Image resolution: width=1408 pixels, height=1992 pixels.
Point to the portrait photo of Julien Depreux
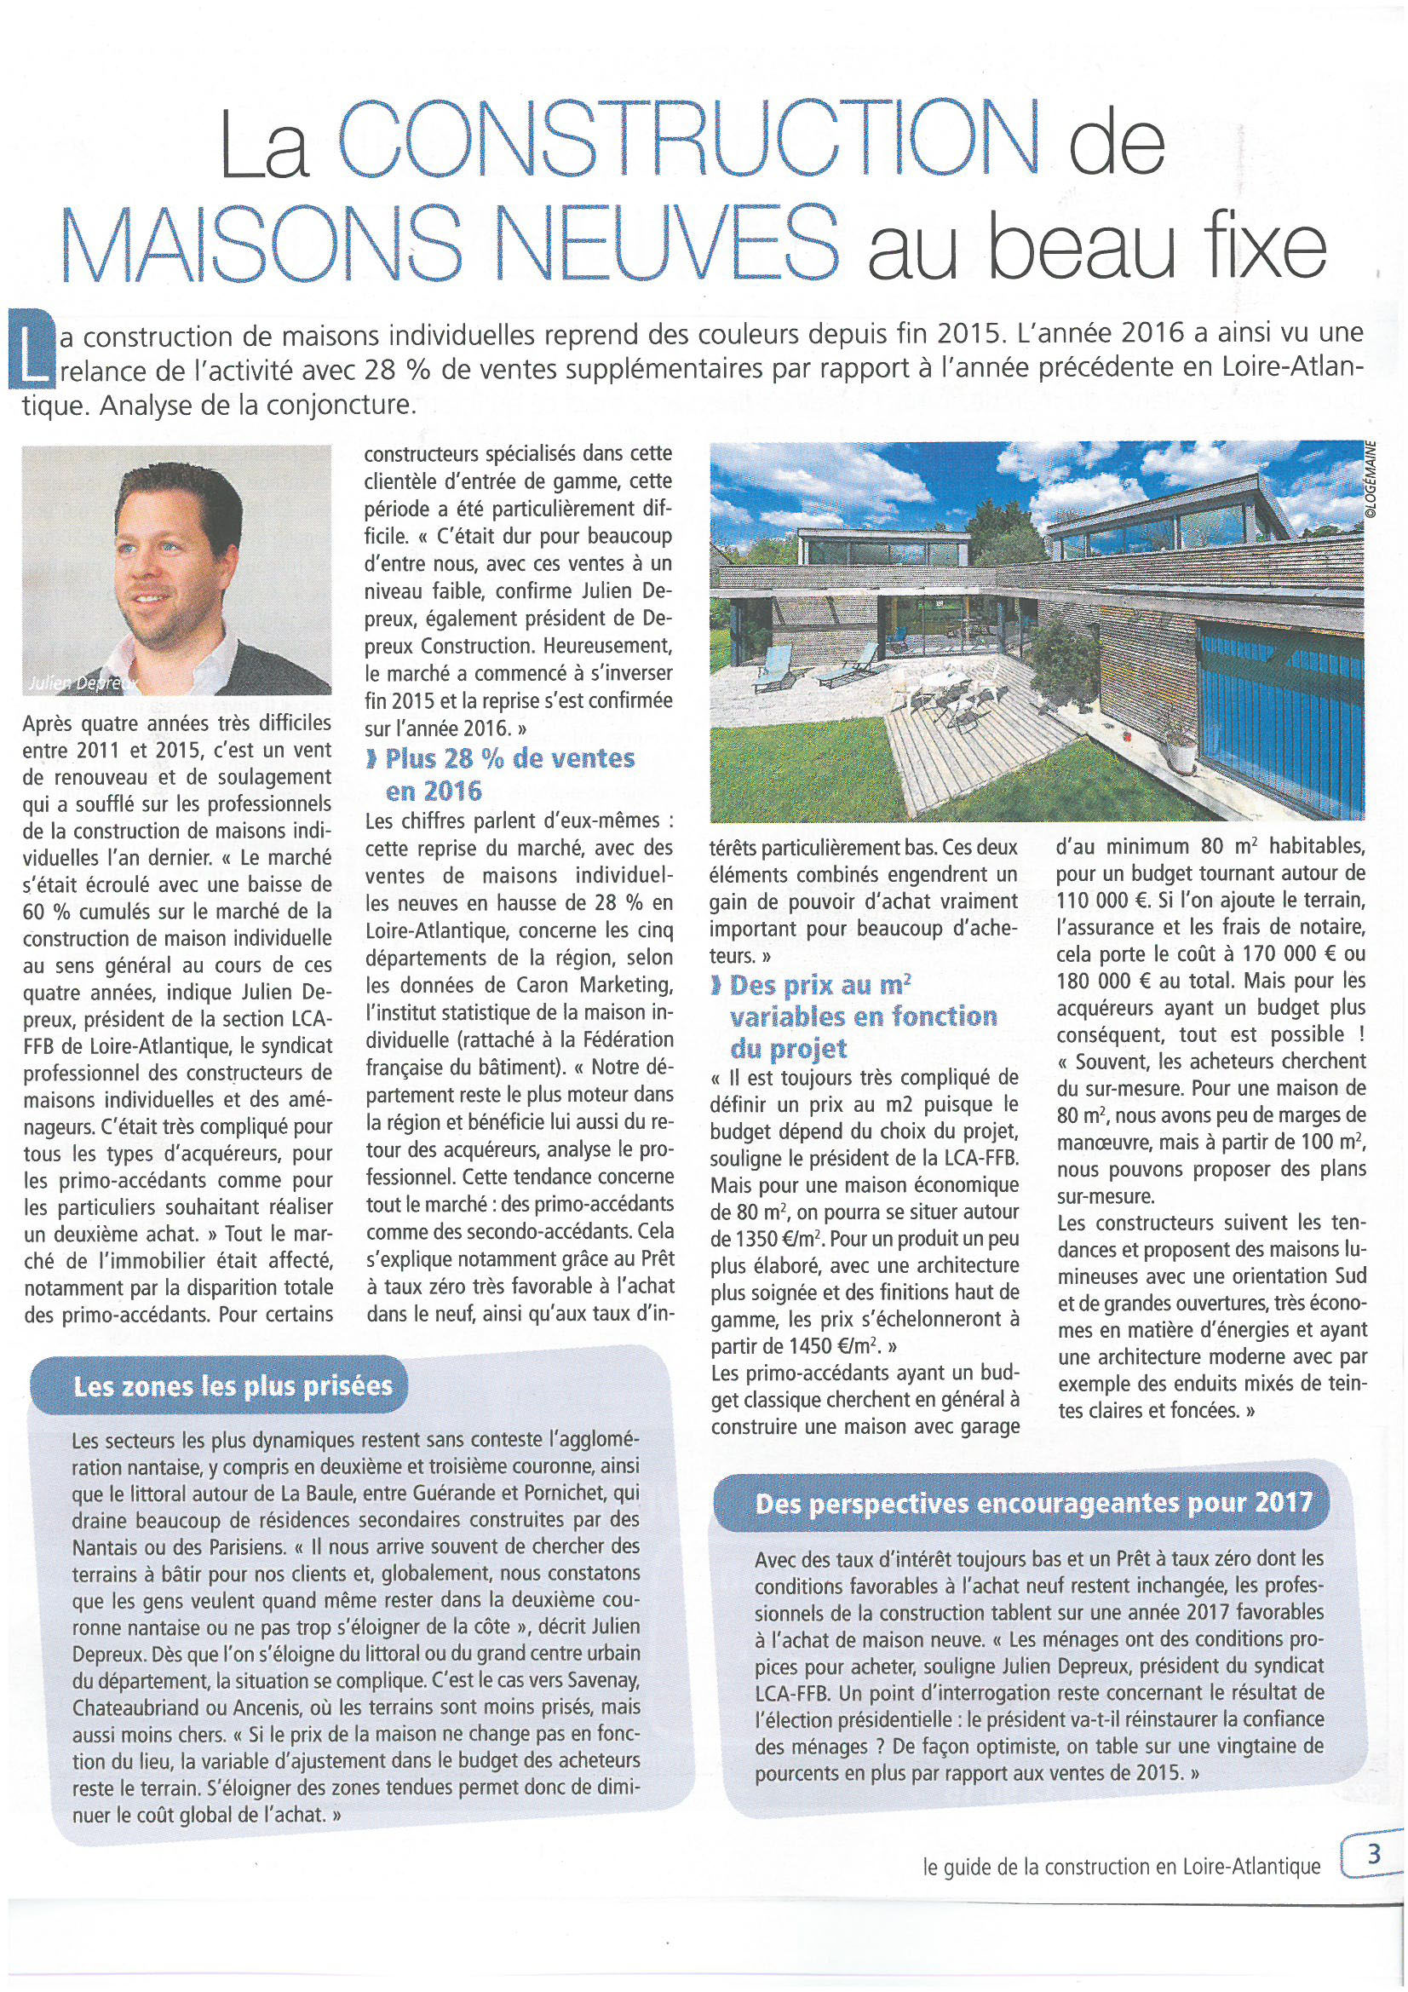coord(176,569)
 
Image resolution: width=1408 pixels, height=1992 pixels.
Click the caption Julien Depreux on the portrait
coord(83,682)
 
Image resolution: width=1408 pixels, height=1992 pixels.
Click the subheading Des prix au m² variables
coord(853,1016)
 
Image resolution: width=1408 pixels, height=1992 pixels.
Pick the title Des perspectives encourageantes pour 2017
coord(1034,1503)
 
